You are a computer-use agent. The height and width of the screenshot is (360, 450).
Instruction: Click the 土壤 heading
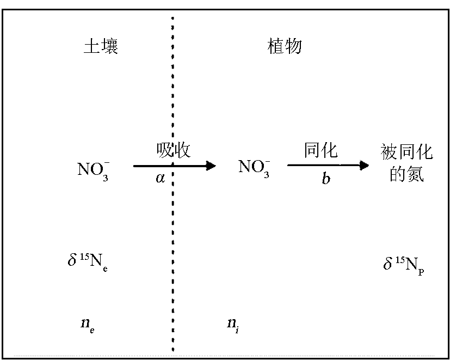(x=101, y=46)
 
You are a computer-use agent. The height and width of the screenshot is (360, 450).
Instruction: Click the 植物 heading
(x=285, y=46)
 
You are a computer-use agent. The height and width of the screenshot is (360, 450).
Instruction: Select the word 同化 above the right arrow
(x=320, y=150)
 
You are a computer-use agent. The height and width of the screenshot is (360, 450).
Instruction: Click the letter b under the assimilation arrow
(x=325, y=179)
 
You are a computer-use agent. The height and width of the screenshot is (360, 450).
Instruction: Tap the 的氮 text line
(x=407, y=175)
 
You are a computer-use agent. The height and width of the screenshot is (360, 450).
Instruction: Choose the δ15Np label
(x=403, y=265)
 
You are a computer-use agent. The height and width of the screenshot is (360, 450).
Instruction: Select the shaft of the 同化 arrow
(x=321, y=166)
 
